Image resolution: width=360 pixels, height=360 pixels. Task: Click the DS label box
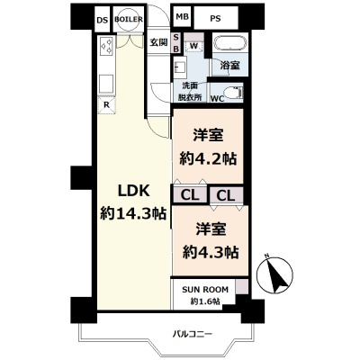102,18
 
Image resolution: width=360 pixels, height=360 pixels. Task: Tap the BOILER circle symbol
130,18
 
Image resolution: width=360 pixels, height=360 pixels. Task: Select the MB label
182,18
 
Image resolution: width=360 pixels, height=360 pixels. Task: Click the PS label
215,18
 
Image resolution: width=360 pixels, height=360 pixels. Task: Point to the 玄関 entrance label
158,41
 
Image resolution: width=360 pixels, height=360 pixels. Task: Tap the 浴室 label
229,66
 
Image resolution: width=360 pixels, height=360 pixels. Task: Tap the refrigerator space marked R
107,104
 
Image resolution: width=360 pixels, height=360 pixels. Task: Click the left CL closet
190,194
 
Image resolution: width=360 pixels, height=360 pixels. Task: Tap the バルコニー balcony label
193,334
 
